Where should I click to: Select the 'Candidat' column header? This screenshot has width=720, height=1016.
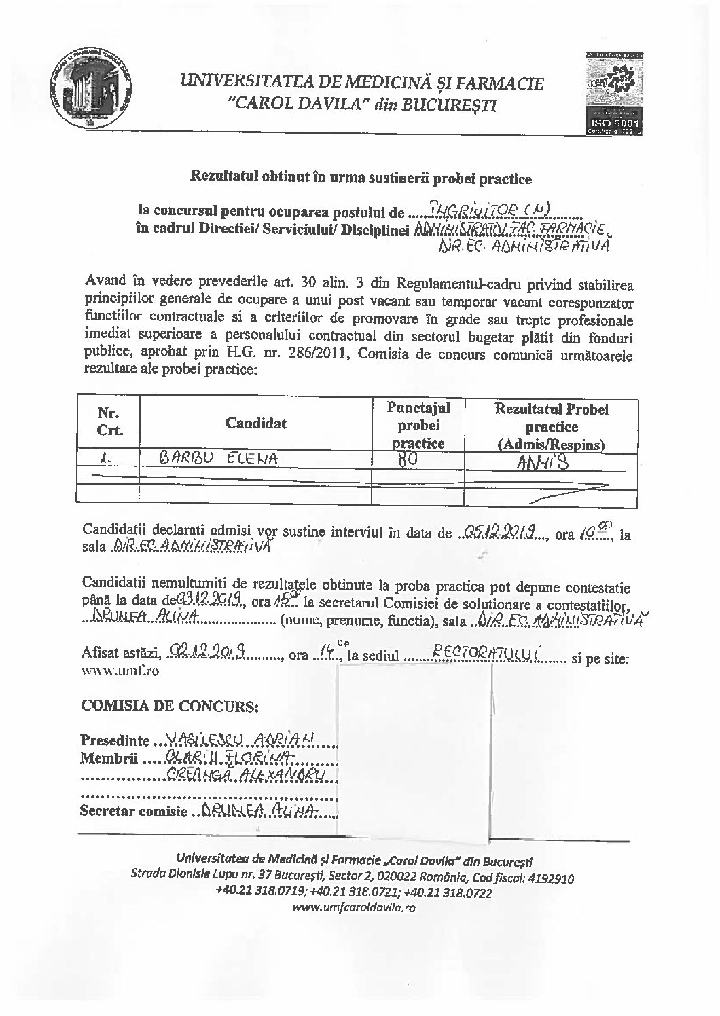(x=255, y=423)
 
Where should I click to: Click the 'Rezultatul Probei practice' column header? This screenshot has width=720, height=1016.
(x=551, y=427)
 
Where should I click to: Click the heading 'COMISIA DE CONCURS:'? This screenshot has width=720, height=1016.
(x=169, y=706)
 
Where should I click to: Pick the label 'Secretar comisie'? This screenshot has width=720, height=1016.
(x=132, y=810)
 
